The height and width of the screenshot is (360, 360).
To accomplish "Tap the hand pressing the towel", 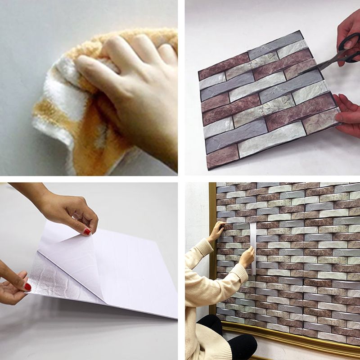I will (x=135, y=81).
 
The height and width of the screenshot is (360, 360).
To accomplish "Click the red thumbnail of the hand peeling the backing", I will (x=87, y=231).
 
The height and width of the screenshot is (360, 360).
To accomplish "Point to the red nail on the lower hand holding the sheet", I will (x=27, y=286).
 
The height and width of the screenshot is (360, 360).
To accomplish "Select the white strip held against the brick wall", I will (x=253, y=247).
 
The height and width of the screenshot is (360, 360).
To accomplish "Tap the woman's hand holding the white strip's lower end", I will (x=247, y=257).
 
